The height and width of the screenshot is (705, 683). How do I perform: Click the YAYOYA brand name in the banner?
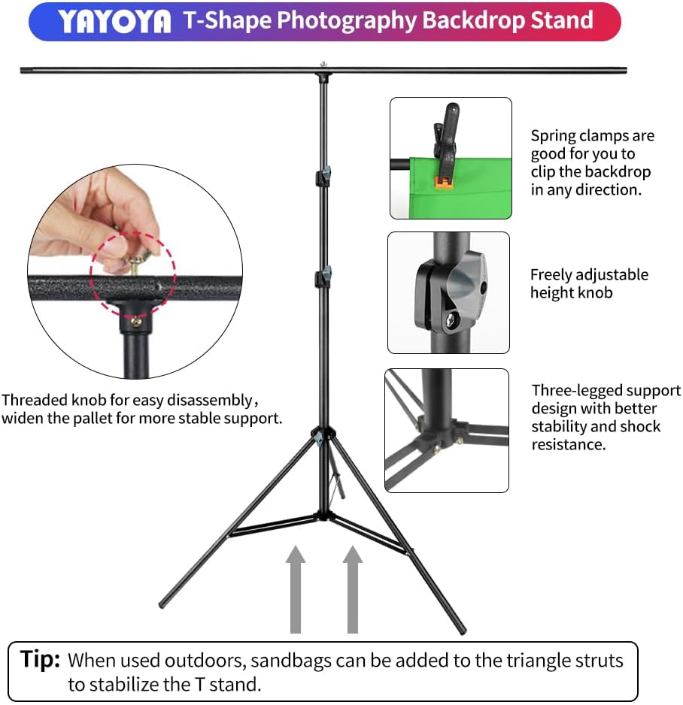[x=115, y=22]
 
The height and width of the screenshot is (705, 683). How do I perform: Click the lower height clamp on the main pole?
[x=324, y=275]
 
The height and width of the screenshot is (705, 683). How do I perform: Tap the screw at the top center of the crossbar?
[x=323, y=65]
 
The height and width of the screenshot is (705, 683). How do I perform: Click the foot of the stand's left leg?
[x=162, y=604]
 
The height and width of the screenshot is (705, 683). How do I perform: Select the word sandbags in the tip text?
[x=287, y=661]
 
